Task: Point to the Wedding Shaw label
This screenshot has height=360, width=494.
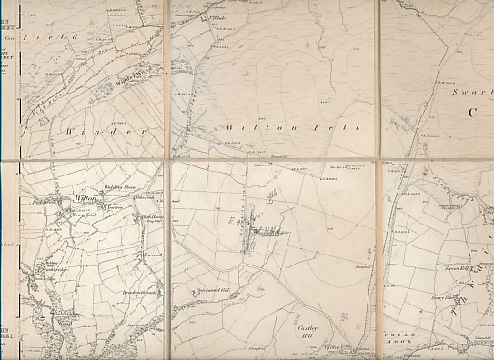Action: pyautogui.click(x=119, y=187)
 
